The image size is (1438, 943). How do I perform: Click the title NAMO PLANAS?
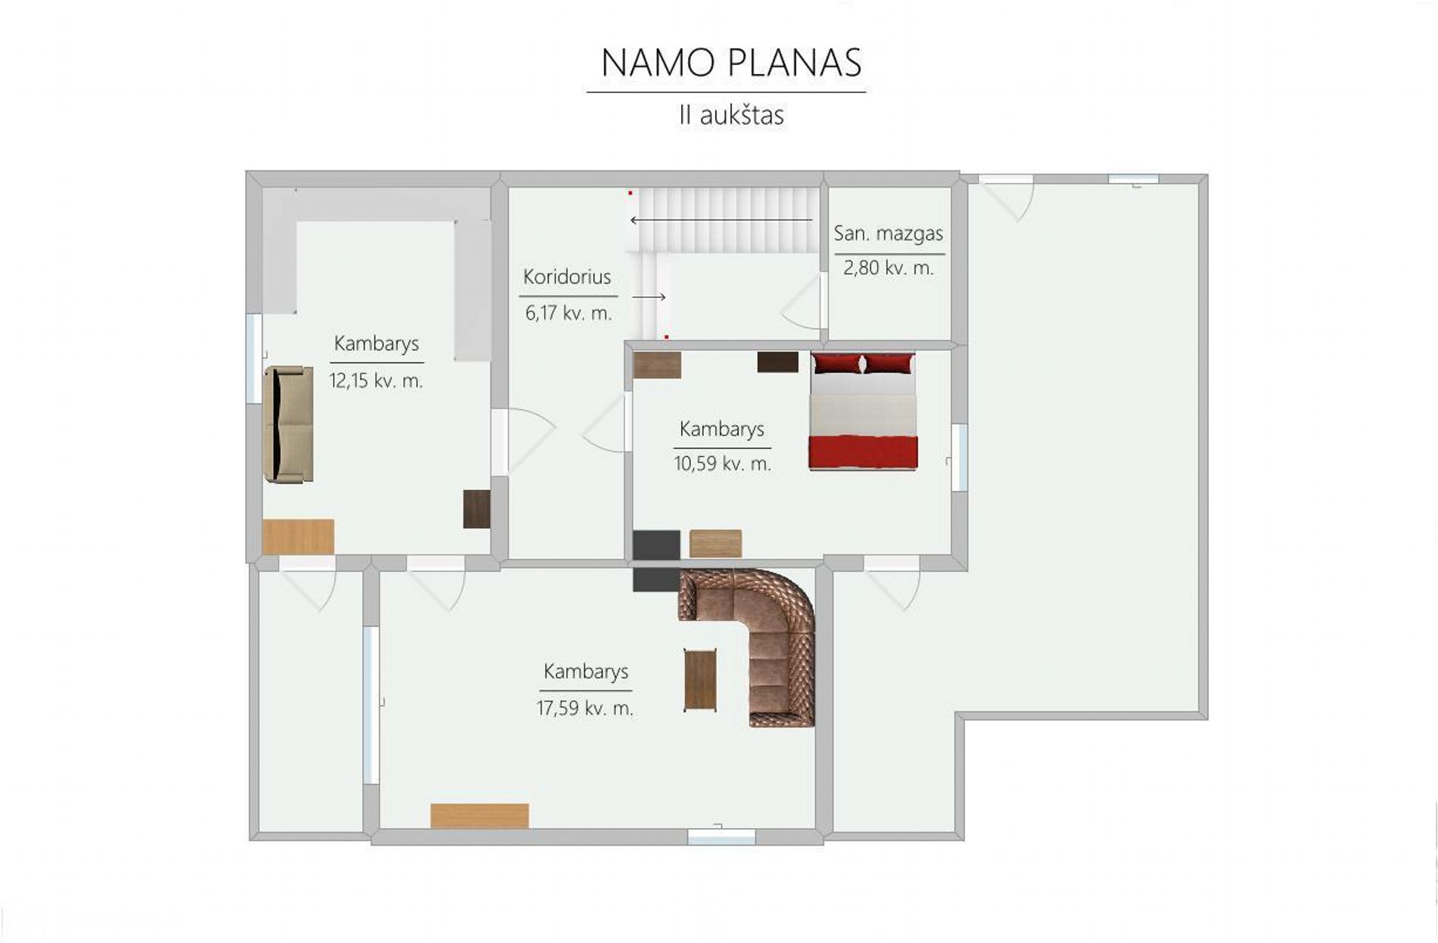coord(731,63)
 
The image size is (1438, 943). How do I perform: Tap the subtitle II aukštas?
coord(731,115)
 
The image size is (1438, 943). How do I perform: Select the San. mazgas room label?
coord(889,234)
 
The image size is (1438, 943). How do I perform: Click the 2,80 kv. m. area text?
coord(889,268)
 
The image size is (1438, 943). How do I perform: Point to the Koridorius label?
coord(567,277)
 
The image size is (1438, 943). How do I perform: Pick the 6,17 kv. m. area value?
coord(568,312)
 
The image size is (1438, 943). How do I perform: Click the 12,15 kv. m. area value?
coord(376,380)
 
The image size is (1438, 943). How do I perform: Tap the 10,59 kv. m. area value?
coord(723,464)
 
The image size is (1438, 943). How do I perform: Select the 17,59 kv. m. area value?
coord(585,709)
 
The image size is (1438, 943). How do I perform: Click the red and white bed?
coord(863,412)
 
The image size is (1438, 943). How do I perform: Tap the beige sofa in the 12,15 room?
coord(288,424)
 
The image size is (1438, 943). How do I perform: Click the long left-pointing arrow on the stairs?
coord(721,220)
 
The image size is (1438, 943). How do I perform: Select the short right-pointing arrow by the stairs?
coord(649,297)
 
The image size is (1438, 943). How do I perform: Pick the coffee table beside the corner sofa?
coord(700,681)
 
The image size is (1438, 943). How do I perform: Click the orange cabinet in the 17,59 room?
coord(480,816)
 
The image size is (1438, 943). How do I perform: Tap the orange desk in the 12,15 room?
coord(298,537)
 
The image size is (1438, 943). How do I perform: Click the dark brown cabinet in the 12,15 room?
coord(477,509)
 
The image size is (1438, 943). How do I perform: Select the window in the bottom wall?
coord(721,836)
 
